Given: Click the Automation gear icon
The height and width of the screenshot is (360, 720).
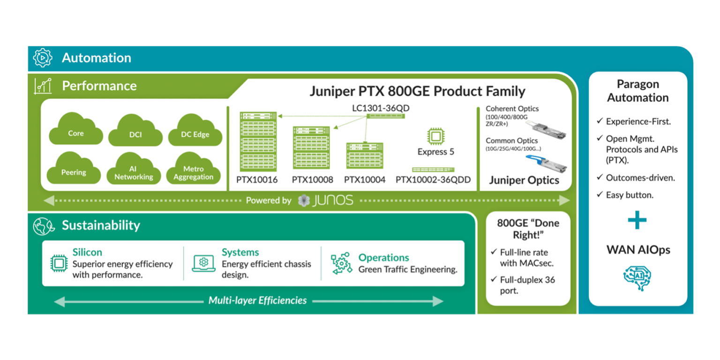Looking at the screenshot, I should tap(42, 58).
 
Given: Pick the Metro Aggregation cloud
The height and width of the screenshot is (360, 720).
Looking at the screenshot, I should tap(193, 172).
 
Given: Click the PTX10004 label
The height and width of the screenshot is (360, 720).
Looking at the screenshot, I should tap(364, 180).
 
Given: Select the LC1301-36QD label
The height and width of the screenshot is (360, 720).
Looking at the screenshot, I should tap(381, 108).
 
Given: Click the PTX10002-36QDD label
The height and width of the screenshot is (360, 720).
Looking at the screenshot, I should tap(433, 180).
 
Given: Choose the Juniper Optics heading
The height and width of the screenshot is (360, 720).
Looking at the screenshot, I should tap(524, 180).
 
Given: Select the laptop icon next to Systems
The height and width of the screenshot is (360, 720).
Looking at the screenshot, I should tap(203, 263).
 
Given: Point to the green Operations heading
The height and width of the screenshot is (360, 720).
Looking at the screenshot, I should tap(383, 257).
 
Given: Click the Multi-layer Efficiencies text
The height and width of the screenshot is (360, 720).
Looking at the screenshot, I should tap(257, 300).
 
